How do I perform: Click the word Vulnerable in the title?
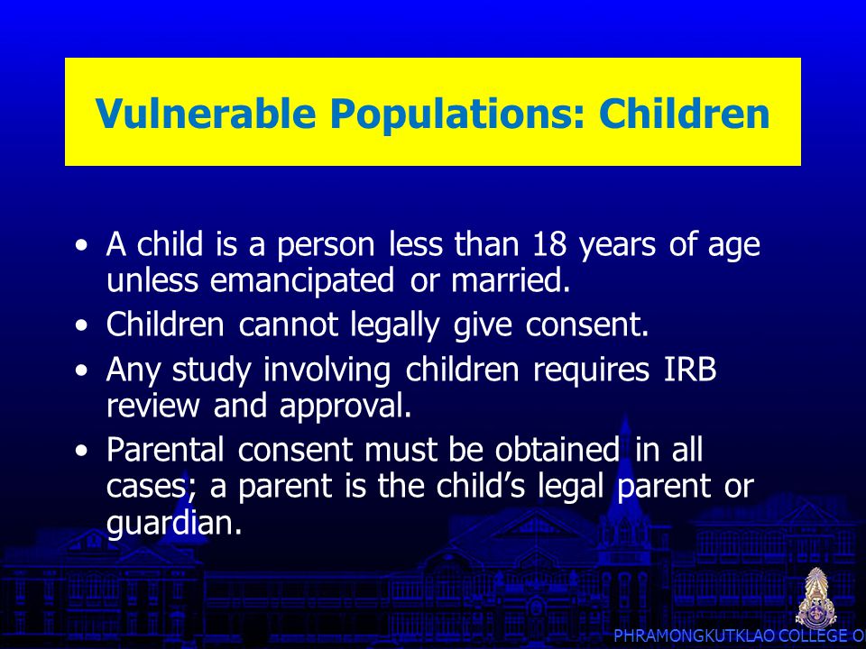coord(206,113)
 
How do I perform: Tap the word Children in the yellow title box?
coord(685,113)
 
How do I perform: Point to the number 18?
coord(549,243)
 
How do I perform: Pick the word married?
coord(511,279)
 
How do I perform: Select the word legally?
coord(394,325)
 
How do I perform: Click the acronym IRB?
coord(690,369)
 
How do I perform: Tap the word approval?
coord(345,407)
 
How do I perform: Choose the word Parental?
coord(165,449)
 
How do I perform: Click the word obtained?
coord(557,449)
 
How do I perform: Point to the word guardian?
coord(174,523)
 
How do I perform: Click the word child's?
coord(480,486)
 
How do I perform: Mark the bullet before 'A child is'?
coord(82,245)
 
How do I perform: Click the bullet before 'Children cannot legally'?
coord(82,325)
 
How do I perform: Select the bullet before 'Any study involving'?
coord(82,370)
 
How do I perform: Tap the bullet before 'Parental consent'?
coord(82,451)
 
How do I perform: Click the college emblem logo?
coord(815,598)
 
